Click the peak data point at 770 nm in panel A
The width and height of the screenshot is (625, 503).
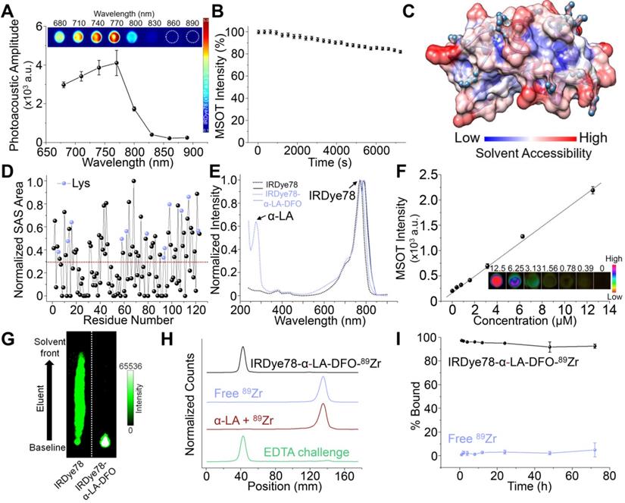point(116,63)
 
